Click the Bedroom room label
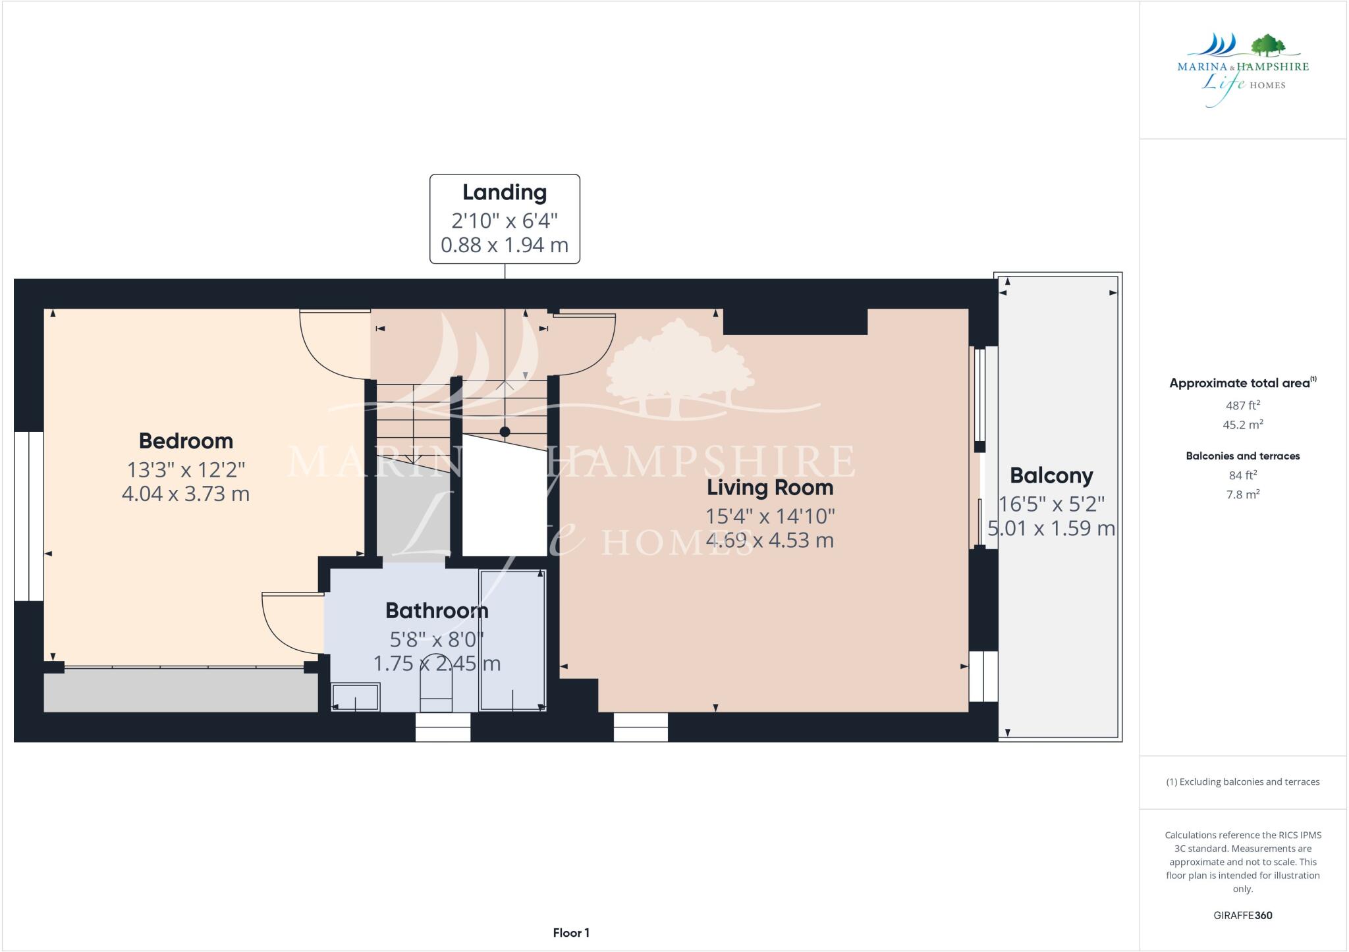(186, 441)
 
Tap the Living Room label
(770, 488)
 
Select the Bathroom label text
(437, 611)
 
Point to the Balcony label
(1051, 476)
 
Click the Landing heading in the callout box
(505, 192)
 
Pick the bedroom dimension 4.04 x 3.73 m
(186, 494)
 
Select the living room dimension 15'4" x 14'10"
(770, 516)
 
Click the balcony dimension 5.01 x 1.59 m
(1051, 529)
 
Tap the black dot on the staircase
(505, 433)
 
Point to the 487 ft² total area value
(1242, 406)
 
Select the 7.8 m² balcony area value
(1242, 494)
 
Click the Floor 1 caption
(571, 933)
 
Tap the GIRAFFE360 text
(1242, 915)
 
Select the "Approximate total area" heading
(1240, 383)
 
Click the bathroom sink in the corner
(356, 697)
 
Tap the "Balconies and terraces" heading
(1242, 456)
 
